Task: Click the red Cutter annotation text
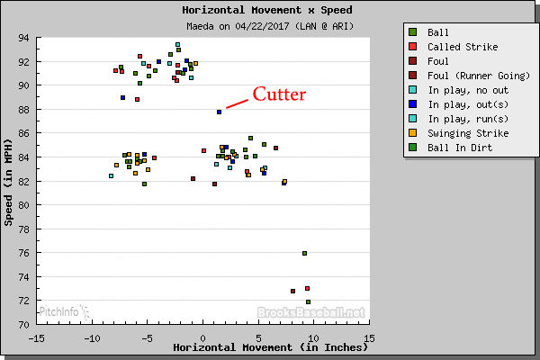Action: [279, 94]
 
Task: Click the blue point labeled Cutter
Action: [219, 112]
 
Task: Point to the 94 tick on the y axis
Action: [23, 38]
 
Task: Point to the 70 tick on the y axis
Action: [23, 324]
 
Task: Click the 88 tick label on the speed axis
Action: [23, 110]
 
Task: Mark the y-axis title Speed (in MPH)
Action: [9, 181]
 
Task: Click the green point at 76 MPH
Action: [305, 253]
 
